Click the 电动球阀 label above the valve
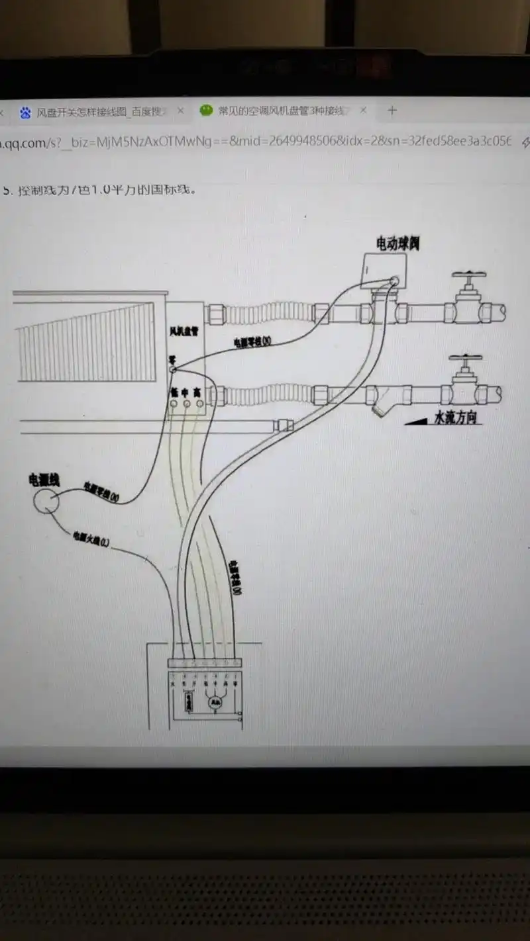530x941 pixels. [397, 244]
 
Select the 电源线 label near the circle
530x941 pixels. [44, 479]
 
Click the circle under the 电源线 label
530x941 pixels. [47, 501]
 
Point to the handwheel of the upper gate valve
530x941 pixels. [469, 274]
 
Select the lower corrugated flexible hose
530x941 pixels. [272, 396]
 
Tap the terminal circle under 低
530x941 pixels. [174, 403]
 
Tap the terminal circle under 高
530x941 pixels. [197, 403]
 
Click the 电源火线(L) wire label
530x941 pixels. [91, 539]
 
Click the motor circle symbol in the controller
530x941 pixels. [215, 703]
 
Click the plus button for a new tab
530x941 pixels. [392, 111]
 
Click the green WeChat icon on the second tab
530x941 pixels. [207, 110]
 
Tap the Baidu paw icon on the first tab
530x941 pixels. [25, 112]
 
